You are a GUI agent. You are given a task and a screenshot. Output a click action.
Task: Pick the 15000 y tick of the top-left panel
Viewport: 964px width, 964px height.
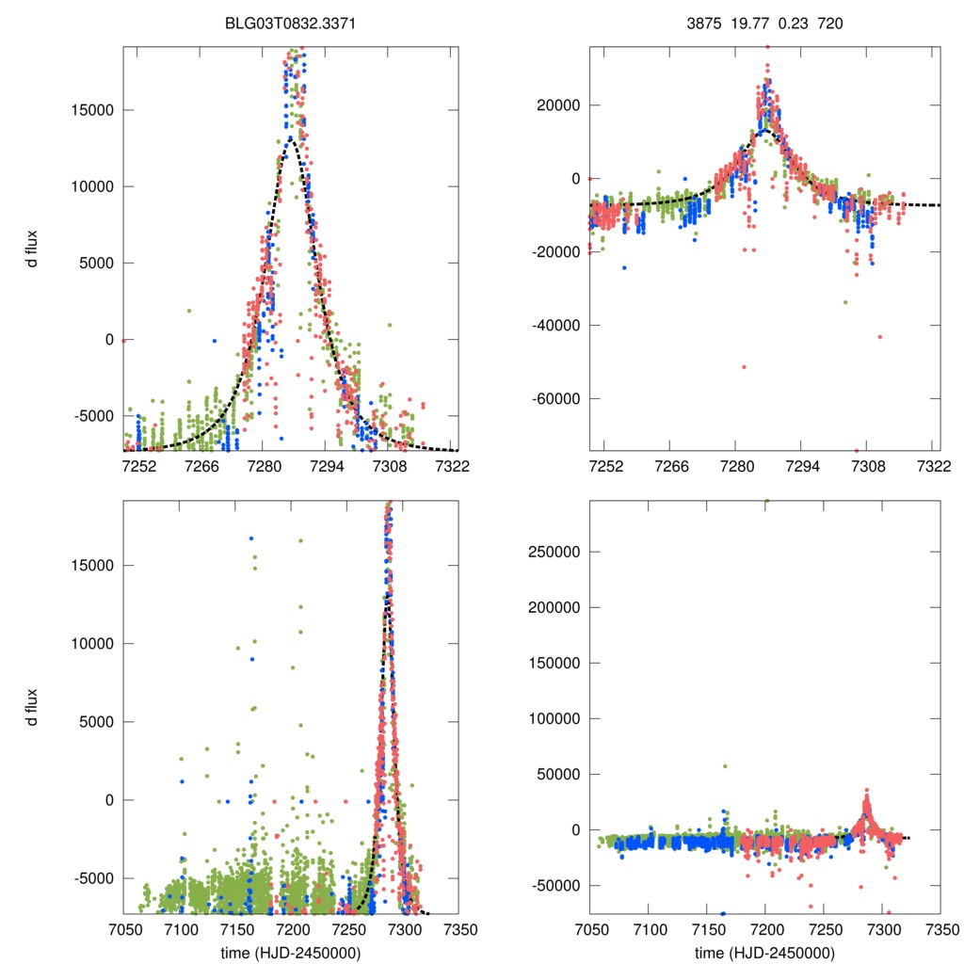tap(93, 109)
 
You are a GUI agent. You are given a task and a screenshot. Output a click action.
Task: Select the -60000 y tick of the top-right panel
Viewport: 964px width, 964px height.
tap(554, 398)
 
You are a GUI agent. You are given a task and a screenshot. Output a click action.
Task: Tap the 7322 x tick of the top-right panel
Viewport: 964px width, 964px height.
tap(931, 466)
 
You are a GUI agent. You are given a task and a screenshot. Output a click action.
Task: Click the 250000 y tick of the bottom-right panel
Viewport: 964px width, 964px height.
tap(551, 552)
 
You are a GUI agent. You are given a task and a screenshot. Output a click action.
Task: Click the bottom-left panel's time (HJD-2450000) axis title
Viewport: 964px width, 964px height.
tap(290, 952)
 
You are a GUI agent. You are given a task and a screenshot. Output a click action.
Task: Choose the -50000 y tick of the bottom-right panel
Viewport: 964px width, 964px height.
tap(554, 885)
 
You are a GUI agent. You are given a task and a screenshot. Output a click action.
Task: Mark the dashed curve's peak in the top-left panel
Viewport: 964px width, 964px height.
tap(291, 138)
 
